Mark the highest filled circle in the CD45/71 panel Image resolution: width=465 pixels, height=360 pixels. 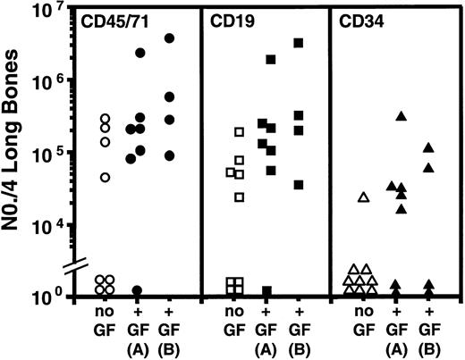pyautogui.click(x=169, y=38)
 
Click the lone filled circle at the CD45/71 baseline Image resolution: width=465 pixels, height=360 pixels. pyautogui.click(x=138, y=291)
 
